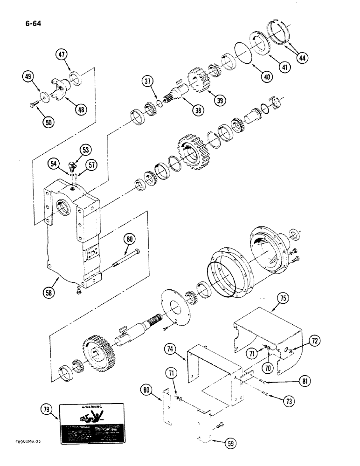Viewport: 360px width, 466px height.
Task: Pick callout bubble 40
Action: (x=266, y=76)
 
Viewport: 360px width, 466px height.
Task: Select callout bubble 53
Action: (x=85, y=150)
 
